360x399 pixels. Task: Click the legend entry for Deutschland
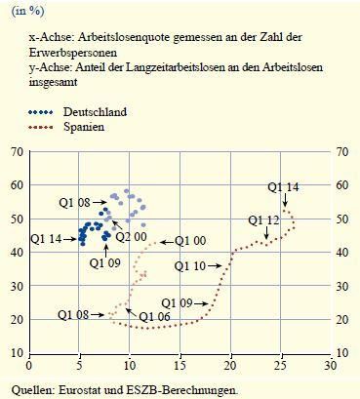click(94, 112)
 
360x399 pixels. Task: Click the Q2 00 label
click(131, 235)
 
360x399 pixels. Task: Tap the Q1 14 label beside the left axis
click(48, 238)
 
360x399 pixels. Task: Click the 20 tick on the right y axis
click(340, 318)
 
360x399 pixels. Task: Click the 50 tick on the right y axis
click(340, 219)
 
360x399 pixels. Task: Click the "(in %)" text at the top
click(27, 11)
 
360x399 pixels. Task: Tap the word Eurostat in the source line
click(83, 389)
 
